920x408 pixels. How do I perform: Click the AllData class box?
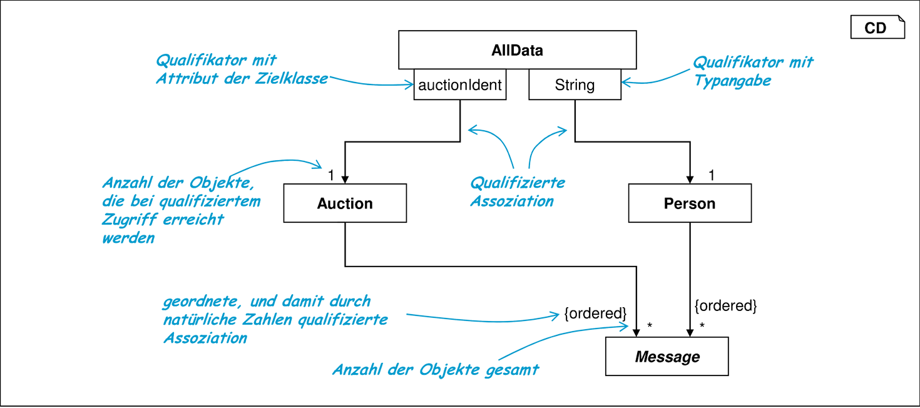(x=518, y=49)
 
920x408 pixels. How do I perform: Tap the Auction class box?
(x=345, y=202)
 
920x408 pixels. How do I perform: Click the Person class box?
(x=689, y=202)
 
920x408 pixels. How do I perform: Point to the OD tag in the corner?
(x=876, y=28)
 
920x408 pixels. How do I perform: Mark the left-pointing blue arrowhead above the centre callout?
(x=470, y=130)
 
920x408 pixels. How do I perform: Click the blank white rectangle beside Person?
(x=837, y=240)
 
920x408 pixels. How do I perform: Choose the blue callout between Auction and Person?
(x=516, y=194)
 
